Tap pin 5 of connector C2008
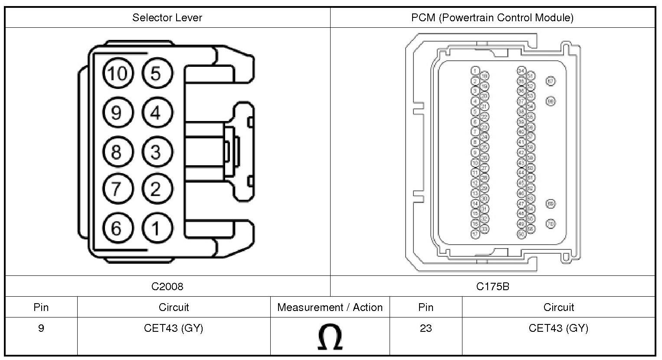click(157, 73)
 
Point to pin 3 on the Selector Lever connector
click(157, 152)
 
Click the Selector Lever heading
click(167, 18)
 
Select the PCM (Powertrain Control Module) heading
click(492, 18)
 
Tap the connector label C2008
click(167, 286)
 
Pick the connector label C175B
click(492, 286)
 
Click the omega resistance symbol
click(330, 337)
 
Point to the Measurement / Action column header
click(330, 308)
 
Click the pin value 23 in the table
click(426, 328)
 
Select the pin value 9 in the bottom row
click(41, 328)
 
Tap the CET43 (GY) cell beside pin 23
click(558, 328)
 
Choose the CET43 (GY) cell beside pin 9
click(174, 328)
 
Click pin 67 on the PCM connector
click(551, 81)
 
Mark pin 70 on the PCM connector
click(551, 224)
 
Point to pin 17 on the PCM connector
click(475, 234)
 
